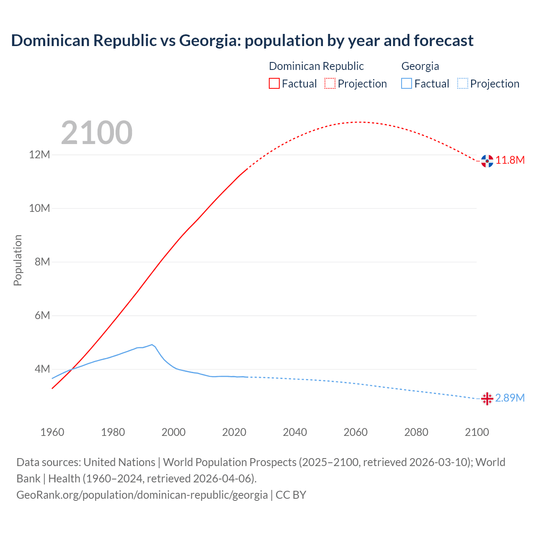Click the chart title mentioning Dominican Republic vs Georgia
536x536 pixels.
(242, 41)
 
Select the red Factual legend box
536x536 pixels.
(274, 83)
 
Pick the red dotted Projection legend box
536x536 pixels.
(330, 83)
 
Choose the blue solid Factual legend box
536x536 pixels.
(407, 83)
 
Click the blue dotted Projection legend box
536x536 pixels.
(462, 83)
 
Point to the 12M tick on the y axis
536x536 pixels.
(39, 155)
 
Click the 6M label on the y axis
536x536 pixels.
(42, 316)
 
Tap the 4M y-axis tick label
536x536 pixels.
(42, 369)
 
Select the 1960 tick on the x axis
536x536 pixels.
(52, 432)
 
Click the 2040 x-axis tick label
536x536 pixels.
(295, 432)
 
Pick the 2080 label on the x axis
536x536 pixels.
(416, 432)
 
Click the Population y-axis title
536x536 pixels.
(18, 260)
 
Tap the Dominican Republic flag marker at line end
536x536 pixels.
(487, 161)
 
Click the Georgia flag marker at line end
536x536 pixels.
(487, 399)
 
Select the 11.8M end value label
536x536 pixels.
(510, 160)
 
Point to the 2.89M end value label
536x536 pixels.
(510, 398)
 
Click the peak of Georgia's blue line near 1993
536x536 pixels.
(152, 345)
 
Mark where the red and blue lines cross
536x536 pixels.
(72, 369)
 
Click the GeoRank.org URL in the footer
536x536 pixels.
(142, 495)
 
